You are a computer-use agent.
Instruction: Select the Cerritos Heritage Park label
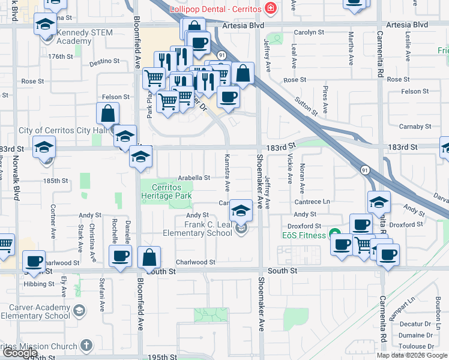point(166,192)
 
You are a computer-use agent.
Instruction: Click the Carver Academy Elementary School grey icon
point(79,310)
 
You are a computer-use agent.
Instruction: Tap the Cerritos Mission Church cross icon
point(86,346)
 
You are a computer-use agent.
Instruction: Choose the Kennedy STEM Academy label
point(83,37)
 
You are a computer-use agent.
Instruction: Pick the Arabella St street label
point(194,178)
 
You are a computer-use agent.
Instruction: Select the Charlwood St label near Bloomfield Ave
point(195,262)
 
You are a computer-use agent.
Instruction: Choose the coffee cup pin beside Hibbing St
point(34,262)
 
